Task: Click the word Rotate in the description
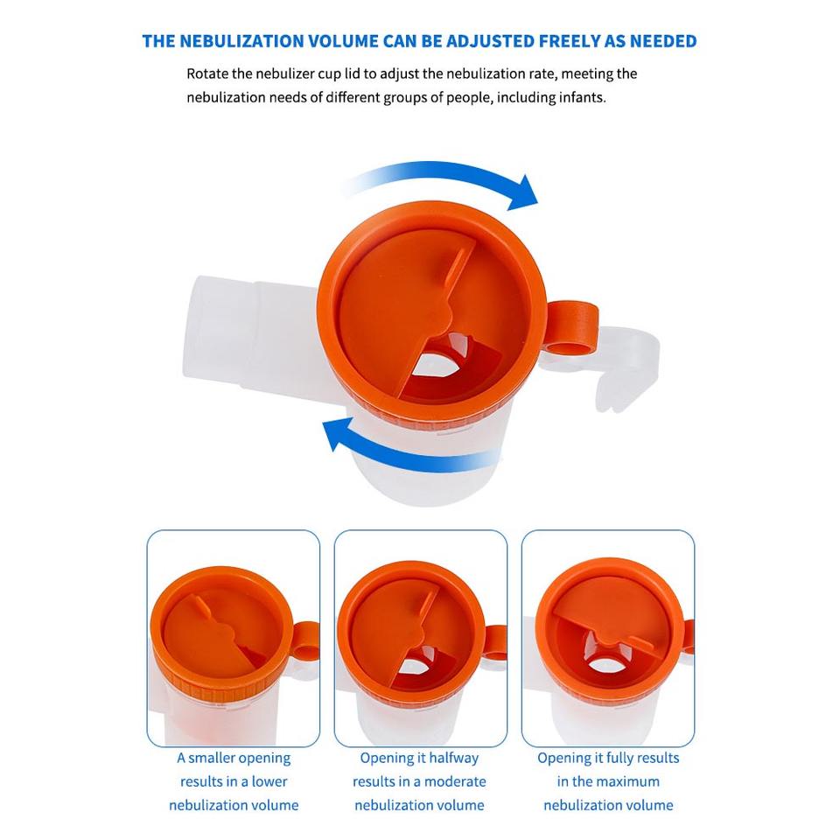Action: (208, 73)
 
